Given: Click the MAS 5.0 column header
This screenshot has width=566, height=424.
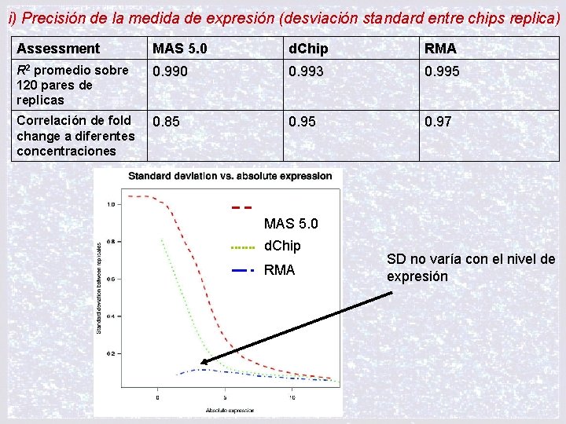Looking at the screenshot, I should click(x=180, y=49).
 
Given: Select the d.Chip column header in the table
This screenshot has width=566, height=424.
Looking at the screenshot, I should click(x=309, y=49).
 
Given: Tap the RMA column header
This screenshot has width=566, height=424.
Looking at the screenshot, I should click(x=440, y=49).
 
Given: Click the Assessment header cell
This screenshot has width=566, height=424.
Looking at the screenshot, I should click(x=58, y=49).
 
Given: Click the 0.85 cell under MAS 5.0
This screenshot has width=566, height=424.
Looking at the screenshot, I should click(x=166, y=122).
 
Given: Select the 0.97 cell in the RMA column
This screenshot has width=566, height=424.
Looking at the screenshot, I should click(x=438, y=122).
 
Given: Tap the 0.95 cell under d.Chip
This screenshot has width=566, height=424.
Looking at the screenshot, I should click(x=302, y=122).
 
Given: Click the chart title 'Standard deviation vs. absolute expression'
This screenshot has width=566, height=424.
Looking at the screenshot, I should click(x=230, y=176).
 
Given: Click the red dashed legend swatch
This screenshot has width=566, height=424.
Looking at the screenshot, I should click(x=242, y=207).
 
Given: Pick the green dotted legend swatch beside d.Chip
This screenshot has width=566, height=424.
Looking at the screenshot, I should click(x=244, y=247).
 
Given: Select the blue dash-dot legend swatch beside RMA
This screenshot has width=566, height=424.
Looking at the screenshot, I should click(x=244, y=270).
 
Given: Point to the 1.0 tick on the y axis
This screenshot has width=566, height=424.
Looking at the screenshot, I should click(x=110, y=204).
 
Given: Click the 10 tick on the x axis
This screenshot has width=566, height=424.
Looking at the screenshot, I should click(x=292, y=397).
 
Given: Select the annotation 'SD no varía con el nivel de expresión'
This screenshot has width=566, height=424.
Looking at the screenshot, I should click(x=470, y=268).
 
